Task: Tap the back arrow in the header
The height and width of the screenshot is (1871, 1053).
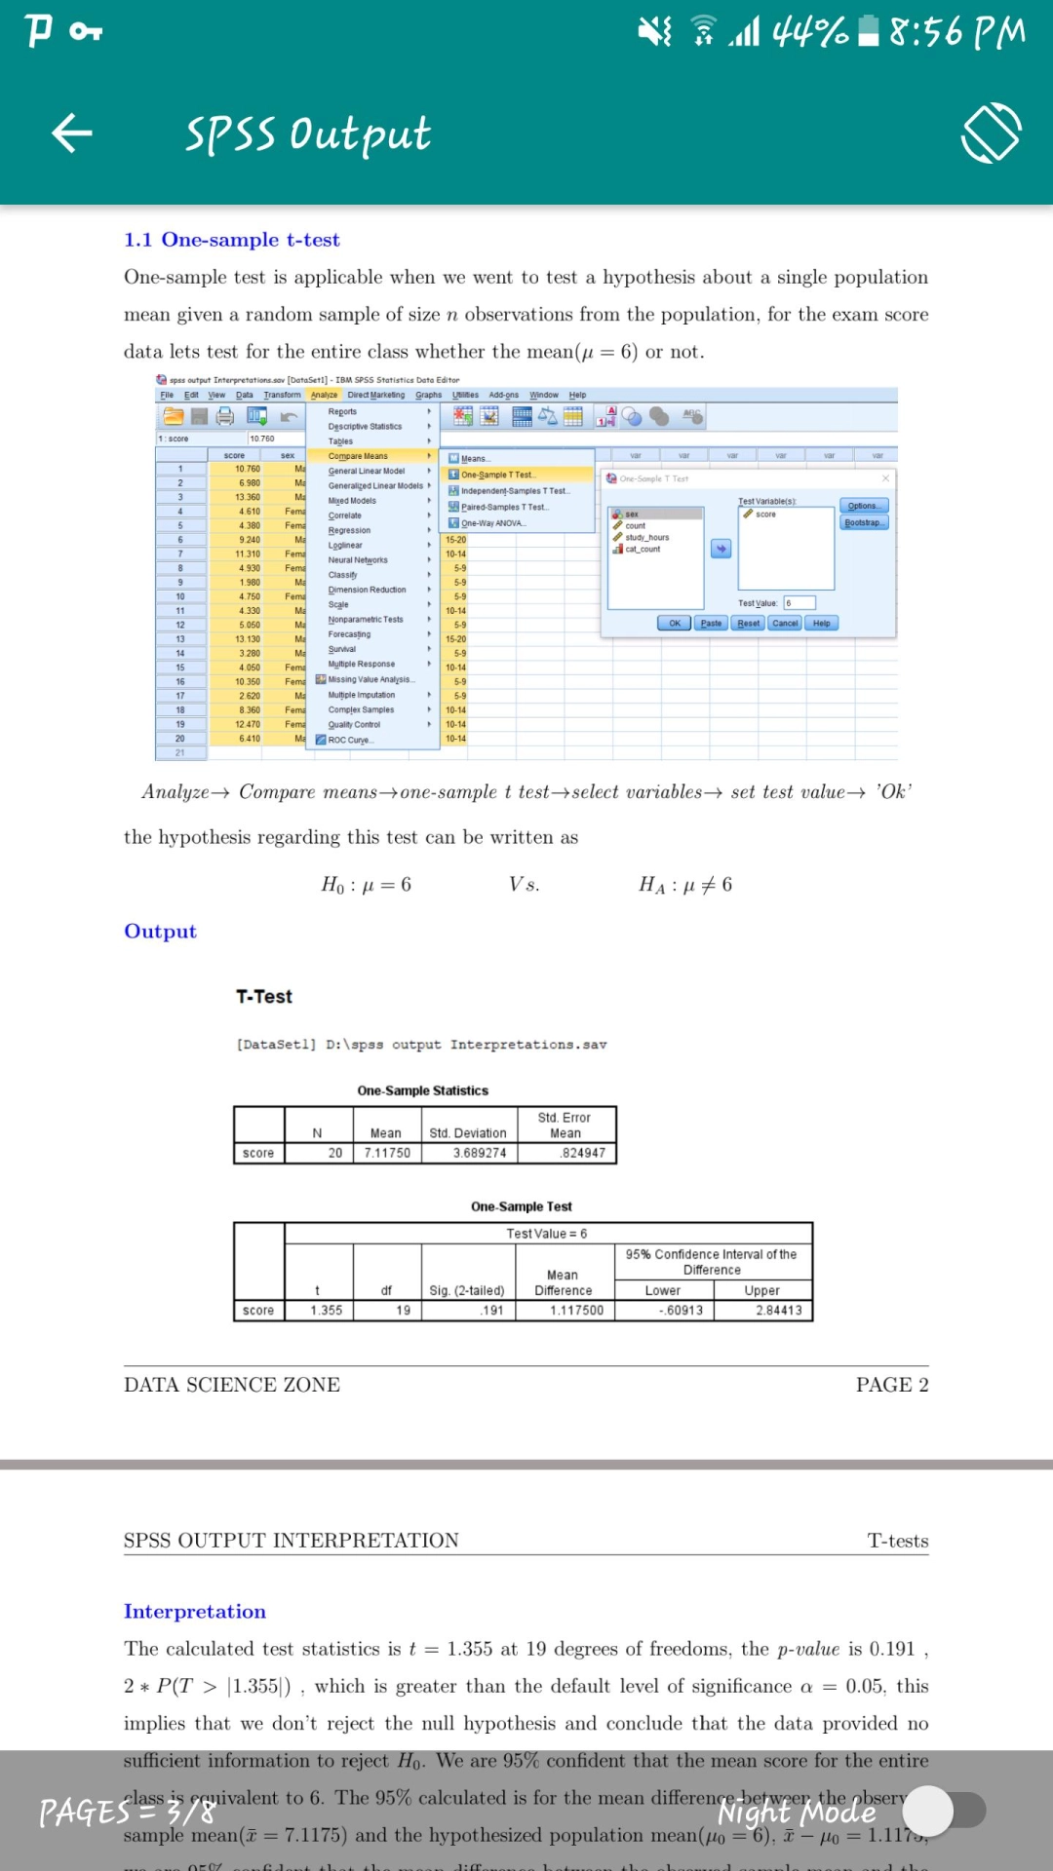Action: (72, 133)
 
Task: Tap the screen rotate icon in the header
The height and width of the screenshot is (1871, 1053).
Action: (992, 133)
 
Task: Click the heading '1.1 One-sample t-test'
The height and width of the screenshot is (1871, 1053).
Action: (232, 240)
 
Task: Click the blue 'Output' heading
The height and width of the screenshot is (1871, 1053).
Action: (160, 932)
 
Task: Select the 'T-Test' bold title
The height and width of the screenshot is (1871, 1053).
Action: (264, 997)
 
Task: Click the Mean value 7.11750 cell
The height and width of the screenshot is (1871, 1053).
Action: (387, 1153)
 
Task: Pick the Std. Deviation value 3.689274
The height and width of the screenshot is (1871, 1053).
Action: (480, 1153)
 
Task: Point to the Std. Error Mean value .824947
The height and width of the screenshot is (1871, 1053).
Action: (583, 1153)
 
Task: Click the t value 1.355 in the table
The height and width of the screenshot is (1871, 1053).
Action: (326, 1311)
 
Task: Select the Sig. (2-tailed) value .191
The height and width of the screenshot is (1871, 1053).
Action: (492, 1311)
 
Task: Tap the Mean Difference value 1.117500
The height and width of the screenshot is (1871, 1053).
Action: (576, 1311)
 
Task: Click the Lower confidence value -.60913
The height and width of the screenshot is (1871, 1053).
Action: (680, 1311)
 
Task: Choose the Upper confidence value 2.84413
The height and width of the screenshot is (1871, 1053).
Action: (778, 1311)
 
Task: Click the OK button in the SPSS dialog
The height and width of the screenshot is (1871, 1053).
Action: (674, 624)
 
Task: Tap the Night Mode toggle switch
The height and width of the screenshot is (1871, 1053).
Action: (944, 1811)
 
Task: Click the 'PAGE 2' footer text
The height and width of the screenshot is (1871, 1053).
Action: (891, 1385)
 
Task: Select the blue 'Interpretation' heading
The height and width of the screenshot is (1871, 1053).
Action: (195, 1612)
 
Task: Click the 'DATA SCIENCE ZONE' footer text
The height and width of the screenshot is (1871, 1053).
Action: (232, 1385)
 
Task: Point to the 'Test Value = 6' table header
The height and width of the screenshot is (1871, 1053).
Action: (547, 1234)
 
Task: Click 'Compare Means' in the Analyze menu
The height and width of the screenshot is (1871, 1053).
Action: (358, 456)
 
